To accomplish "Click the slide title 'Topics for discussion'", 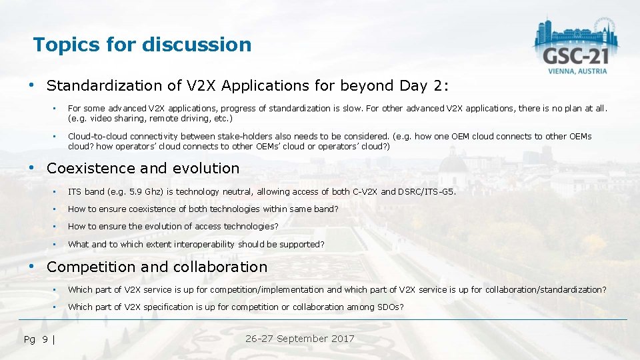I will tap(142, 45).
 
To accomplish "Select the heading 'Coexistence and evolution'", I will tap(143, 169).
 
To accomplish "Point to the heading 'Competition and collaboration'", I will tap(157, 267).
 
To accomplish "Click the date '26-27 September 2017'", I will tap(299, 339).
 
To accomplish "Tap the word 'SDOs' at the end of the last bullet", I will tap(392, 307).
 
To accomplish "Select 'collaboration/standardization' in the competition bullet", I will tap(545, 289).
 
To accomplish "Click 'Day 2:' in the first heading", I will tap(424, 86).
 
